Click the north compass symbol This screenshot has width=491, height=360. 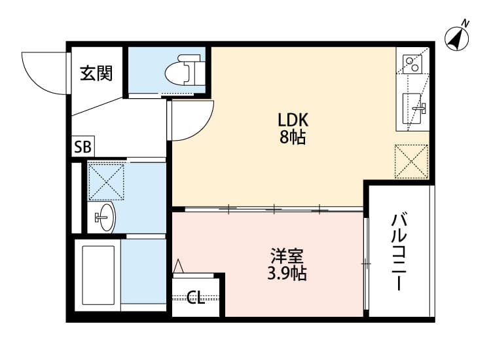pos(458,37)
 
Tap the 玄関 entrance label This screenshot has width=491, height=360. pos(96,73)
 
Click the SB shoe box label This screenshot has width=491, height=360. pos(83,147)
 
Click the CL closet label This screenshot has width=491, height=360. pos(196,298)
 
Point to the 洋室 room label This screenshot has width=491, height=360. pos(287,255)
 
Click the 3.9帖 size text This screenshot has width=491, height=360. pos(287,273)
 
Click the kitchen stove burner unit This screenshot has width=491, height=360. pos(413,64)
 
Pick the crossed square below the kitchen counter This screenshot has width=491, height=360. pos(411,160)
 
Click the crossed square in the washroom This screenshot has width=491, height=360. pos(106,181)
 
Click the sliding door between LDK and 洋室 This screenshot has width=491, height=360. pos(268,209)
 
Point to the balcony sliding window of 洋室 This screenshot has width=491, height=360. pos(366,263)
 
